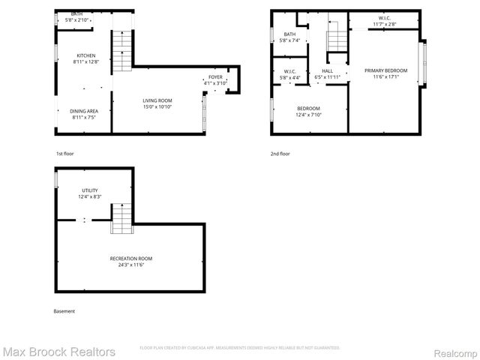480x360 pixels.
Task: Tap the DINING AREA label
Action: pos(84,111)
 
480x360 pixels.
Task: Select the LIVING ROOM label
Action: pos(158,100)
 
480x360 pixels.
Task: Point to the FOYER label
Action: pos(216,76)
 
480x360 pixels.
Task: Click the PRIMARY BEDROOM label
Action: pos(386,70)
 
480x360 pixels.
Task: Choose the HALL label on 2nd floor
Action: pos(328,70)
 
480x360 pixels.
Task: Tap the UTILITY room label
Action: pos(90,190)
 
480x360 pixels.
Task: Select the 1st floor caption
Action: pos(64,153)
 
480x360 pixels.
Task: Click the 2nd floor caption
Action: pos(280,153)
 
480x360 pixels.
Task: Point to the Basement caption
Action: pos(64,310)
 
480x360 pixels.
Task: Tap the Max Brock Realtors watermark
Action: pos(58,351)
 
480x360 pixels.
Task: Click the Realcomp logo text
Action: pos(452,351)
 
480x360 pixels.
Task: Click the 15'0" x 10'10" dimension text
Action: pos(158,106)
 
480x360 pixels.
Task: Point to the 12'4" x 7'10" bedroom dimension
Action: pos(308,114)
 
